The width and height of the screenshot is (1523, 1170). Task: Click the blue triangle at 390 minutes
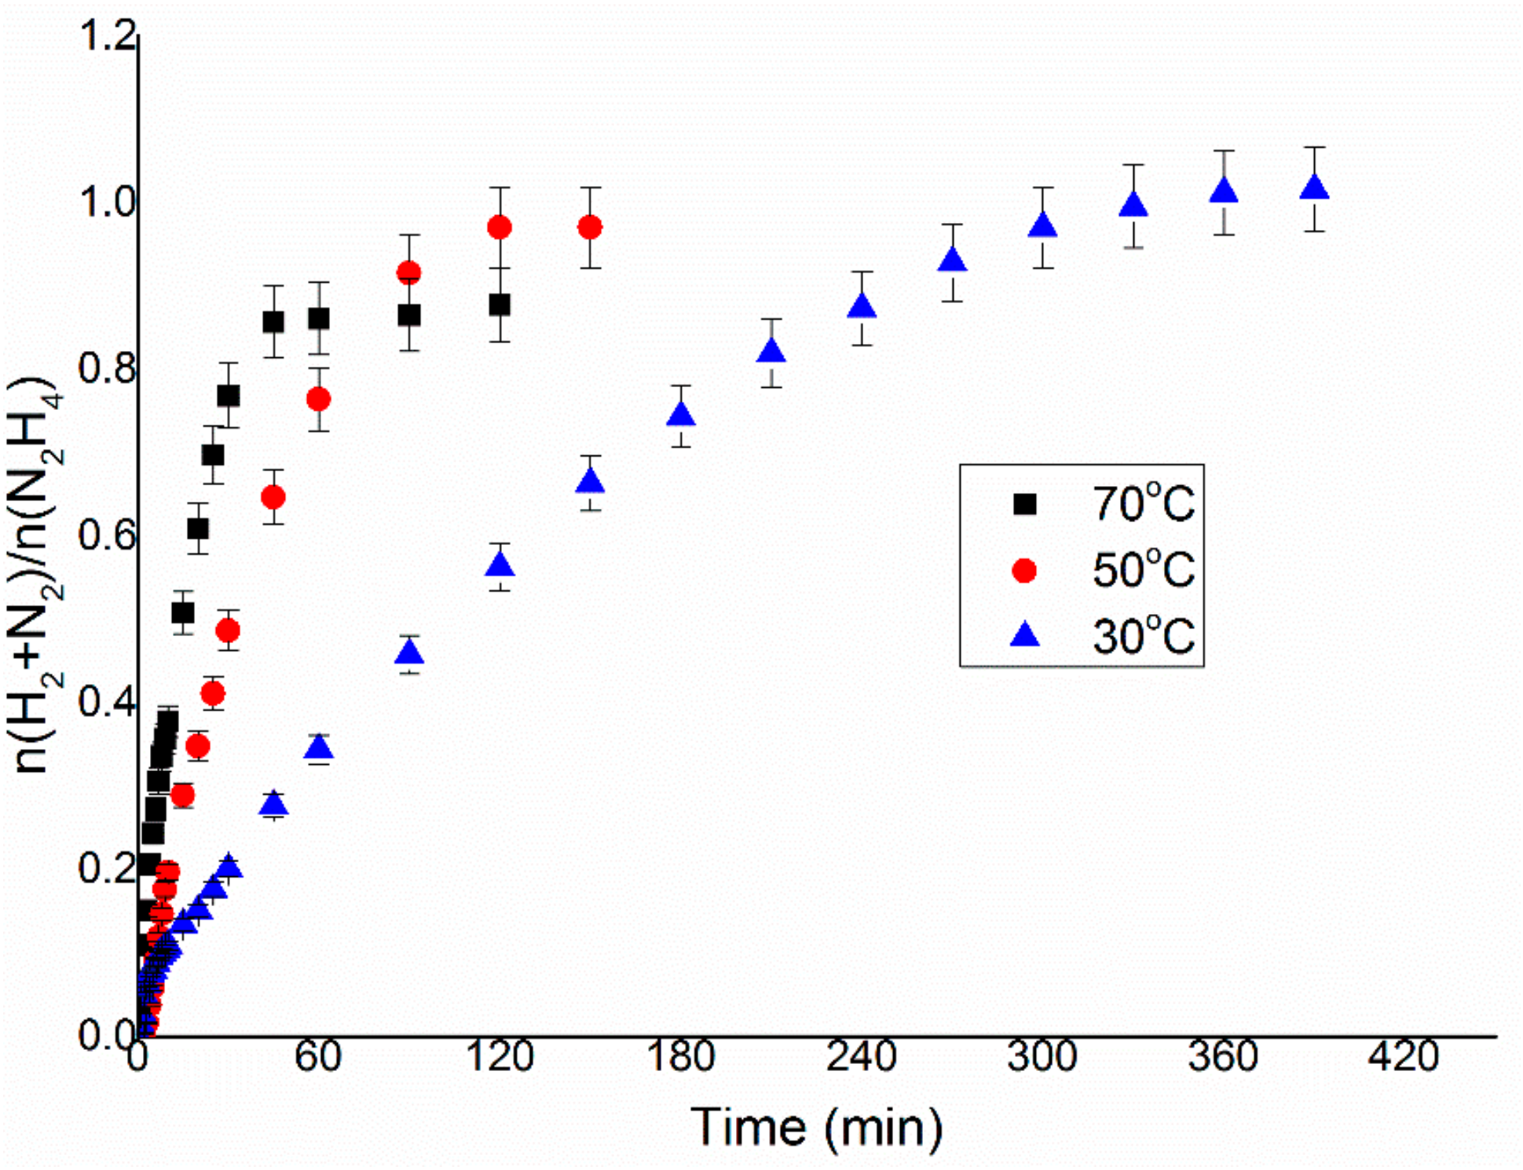(1314, 188)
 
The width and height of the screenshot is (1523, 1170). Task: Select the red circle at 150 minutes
(590, 228)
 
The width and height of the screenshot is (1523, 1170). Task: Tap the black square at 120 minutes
(500, 305)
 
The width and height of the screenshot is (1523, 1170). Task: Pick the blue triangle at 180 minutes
(681, 415)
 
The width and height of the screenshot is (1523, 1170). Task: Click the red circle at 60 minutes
(318, 399)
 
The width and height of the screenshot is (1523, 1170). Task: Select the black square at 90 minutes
(408, 316)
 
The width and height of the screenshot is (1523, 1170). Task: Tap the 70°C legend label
(1143, 504)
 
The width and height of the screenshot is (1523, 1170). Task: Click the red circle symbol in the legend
(1024, 570)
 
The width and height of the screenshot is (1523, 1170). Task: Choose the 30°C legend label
(1143, 636)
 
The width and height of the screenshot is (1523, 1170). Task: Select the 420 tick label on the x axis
(1404, 1056)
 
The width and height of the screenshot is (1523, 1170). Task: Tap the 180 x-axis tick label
(680, 1056)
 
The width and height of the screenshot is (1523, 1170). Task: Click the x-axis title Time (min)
(817, 1128)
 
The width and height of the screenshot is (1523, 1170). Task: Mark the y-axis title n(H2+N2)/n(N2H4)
(35, 577)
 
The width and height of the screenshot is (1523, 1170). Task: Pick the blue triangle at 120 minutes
(500, 566)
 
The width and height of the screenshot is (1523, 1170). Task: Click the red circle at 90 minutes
(408, 273)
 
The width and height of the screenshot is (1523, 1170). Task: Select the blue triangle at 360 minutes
(1224, 192)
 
